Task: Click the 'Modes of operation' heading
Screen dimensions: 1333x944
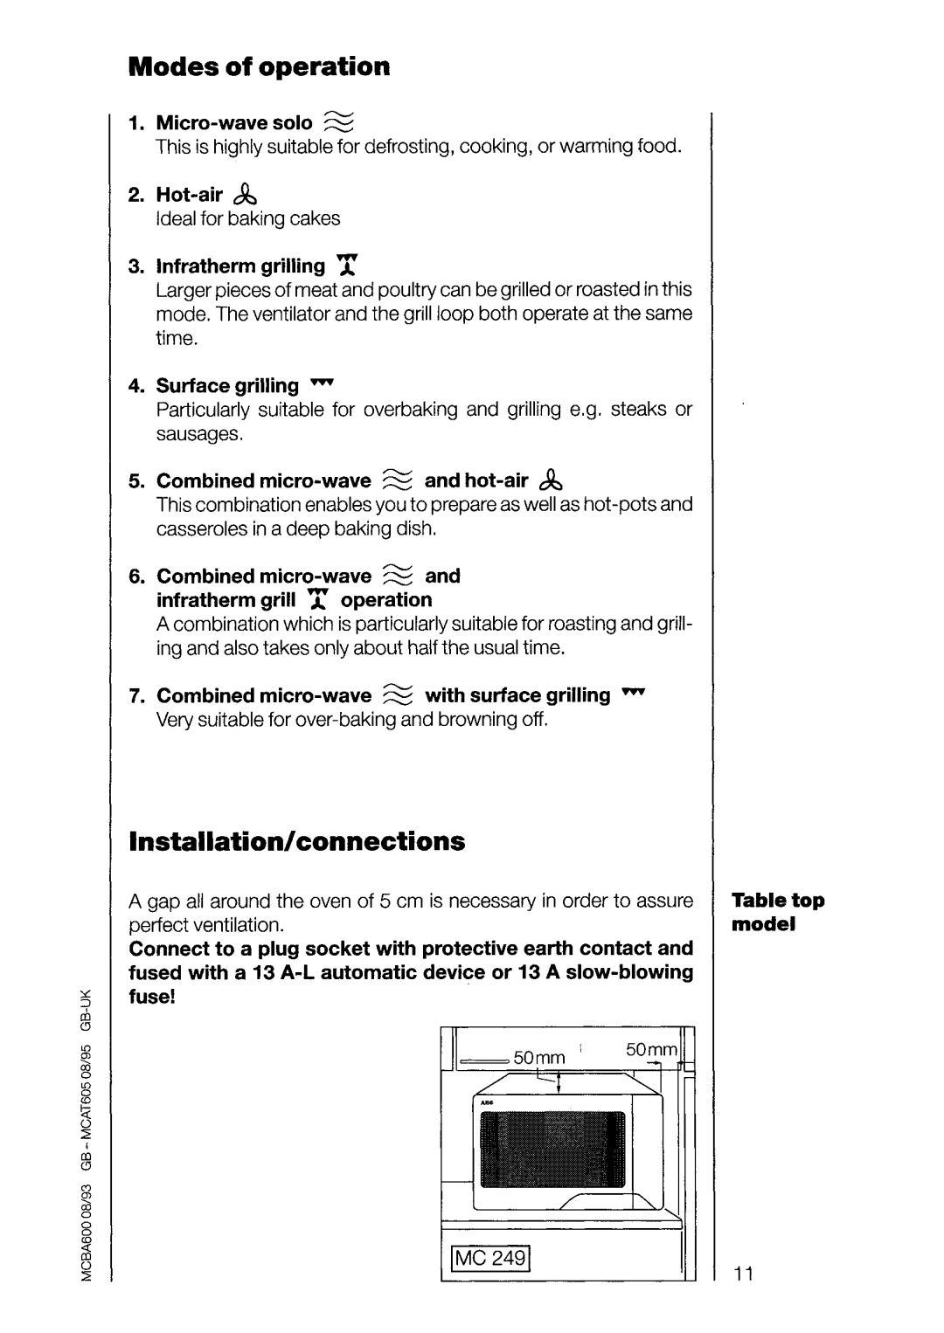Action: tap(259, 66)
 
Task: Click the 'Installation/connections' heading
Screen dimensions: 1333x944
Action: tap(296, 841)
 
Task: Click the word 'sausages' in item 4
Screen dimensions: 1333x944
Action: tap(200, 434)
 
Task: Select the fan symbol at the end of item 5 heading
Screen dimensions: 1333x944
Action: tap(551, 480)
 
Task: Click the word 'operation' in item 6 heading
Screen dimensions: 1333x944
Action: tap(386, 600)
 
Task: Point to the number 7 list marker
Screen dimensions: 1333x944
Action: tap(135, 695)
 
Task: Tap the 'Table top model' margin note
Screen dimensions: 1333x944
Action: tap(778, 912)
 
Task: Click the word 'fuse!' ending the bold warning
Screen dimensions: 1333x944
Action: tap(153, 997)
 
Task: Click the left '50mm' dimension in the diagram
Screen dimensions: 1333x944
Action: tap(539, 1058)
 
